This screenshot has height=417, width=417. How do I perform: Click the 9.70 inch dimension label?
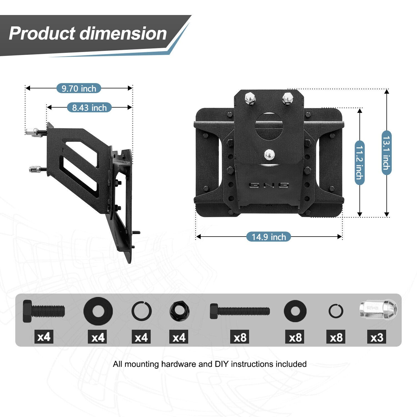click(79, 88)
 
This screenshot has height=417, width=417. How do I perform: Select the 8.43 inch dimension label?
click(89, 108)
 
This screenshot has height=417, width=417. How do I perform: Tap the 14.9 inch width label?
click(269, 237)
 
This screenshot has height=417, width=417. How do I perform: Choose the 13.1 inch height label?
click(386, 153)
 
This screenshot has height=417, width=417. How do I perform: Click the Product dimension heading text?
click(88, 33)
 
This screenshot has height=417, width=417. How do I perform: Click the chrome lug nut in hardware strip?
click(378, 309)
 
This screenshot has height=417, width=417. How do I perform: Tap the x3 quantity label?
click(377, 337)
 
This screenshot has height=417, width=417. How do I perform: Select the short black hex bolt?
click(44, 311)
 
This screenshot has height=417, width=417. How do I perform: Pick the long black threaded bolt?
click(240, 311)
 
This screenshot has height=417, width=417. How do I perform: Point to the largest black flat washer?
click(98, 311)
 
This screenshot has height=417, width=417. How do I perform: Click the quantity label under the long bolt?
click(240, 337)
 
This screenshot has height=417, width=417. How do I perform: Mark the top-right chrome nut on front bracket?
click(287, 99)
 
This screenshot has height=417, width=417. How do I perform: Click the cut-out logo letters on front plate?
click(269, 185)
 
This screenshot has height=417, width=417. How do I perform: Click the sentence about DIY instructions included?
click(210, 364)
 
